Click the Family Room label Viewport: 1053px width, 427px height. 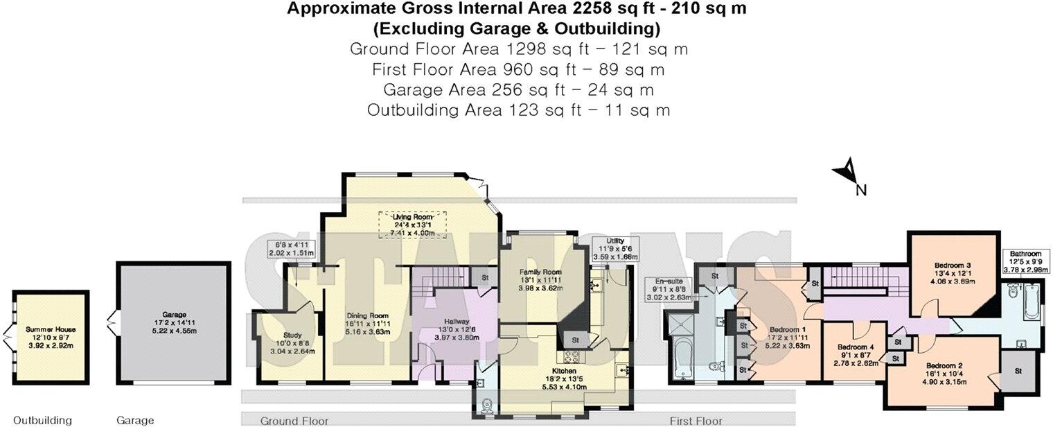coord(540,272)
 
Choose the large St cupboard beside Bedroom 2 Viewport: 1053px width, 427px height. coord(1018,371)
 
